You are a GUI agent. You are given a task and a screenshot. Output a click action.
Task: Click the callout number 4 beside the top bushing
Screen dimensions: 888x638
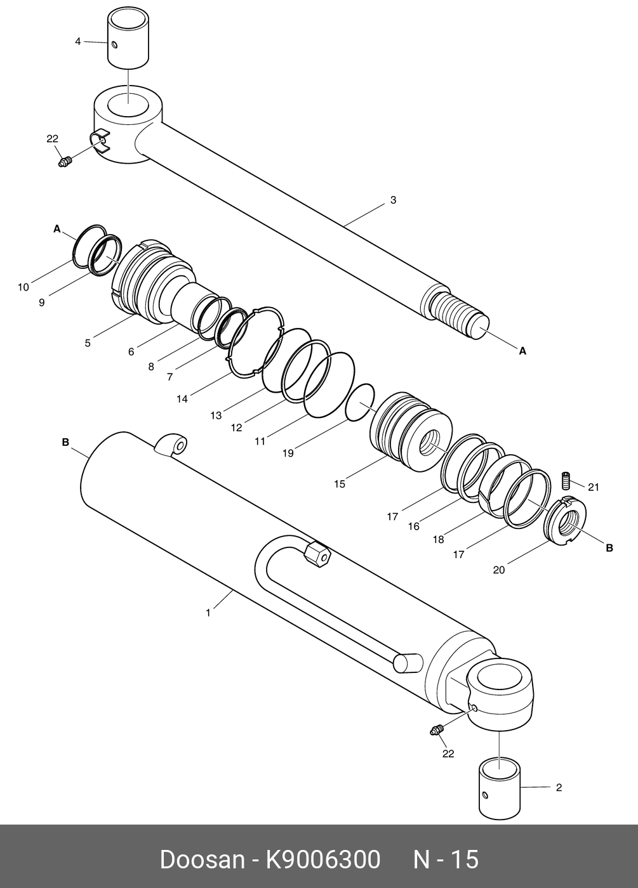[77, 41]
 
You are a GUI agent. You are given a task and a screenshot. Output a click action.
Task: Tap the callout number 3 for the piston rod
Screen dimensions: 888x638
[393, 200]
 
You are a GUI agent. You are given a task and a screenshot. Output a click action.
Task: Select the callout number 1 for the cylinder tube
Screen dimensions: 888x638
[208, 613]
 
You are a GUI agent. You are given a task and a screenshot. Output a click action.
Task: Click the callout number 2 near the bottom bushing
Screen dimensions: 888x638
[559, 788]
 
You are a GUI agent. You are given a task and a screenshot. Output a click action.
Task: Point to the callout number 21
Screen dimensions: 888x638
[593, 487]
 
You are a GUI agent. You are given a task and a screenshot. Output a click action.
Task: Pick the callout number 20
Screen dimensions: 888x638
[499, 570]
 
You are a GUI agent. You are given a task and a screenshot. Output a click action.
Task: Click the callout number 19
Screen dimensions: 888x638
[288, 454]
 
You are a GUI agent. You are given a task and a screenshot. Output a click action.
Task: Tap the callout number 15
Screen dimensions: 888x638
[340, 484]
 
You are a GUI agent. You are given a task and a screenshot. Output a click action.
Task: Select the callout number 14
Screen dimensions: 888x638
[182, 399]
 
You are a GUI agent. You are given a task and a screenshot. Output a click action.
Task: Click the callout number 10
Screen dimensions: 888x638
[23, 287]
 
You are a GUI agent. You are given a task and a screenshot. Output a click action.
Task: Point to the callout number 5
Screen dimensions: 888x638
[88, 343]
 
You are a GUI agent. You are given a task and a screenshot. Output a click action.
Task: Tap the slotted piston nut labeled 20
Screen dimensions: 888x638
[564, 521]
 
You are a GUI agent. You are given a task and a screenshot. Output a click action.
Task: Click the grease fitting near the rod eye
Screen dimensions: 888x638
[64, 162]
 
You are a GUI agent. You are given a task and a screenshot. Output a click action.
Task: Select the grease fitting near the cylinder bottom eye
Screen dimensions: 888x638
[436, 731]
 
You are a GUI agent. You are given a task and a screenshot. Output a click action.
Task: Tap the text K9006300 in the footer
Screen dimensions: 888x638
[322, 860]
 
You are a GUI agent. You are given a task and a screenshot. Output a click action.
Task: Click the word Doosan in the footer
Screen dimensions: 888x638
[201, 860]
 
